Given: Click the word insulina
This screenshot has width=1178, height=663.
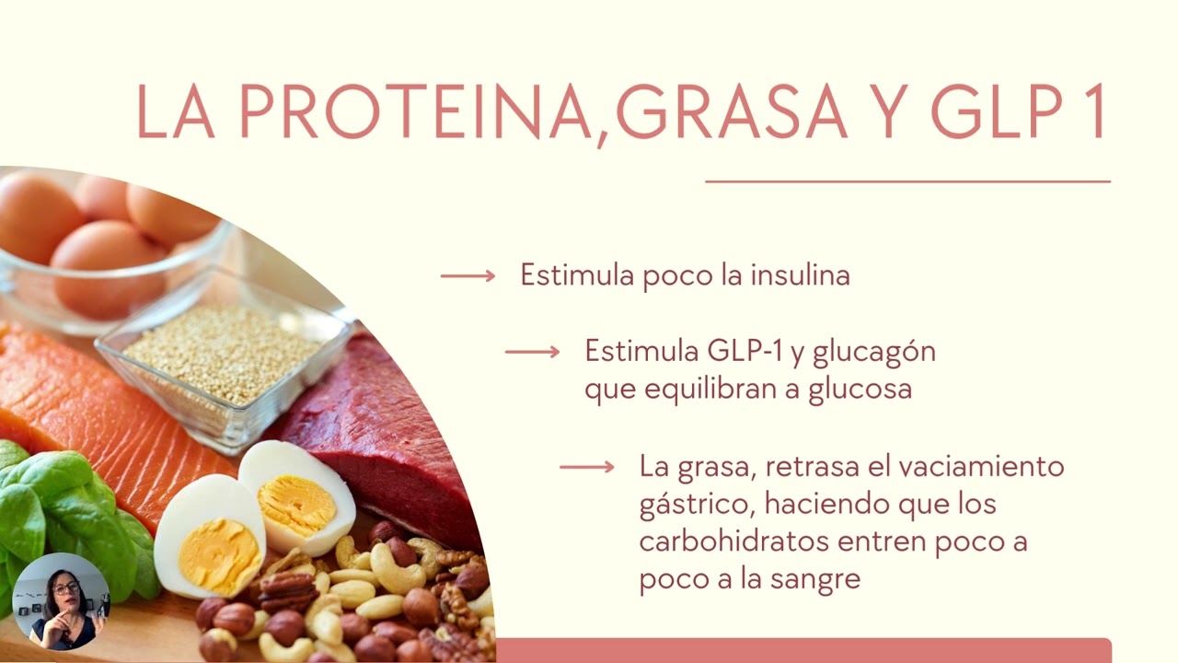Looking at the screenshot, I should pos(801,275).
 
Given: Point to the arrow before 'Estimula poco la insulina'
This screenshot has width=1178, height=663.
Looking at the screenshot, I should pos(468,275).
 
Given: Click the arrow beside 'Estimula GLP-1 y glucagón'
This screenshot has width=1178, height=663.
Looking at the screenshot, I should pos(532,352).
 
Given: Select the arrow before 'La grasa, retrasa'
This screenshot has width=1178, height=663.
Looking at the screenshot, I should pos(587,467).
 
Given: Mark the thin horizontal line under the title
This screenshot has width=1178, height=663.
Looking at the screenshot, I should pos(907,181).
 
